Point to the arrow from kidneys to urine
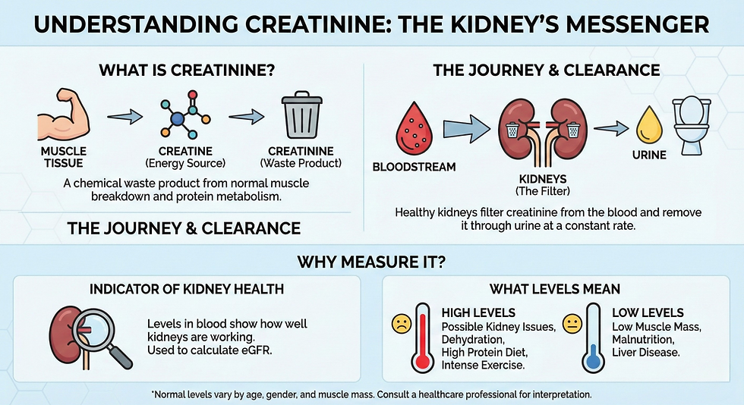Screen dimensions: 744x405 [x=610, y=128]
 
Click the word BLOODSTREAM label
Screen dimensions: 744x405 [x=414, y=167]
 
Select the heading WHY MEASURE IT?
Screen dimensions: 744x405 [x=371, y=264]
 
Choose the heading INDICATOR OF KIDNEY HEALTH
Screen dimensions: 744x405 [x=187, y=289]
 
